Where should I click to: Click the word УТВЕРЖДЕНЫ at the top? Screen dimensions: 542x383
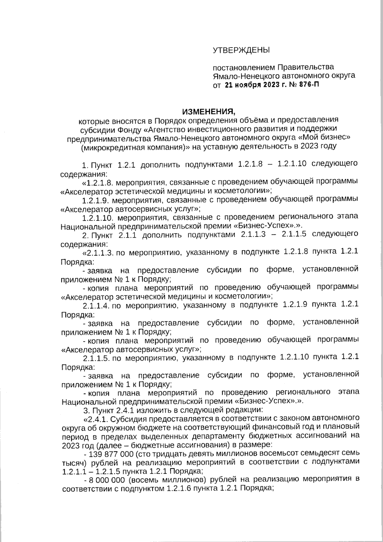click(x=241, y=50)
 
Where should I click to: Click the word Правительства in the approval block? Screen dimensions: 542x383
click(x=305, y=67)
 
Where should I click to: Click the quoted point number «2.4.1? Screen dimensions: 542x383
click(x=95, y=418)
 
